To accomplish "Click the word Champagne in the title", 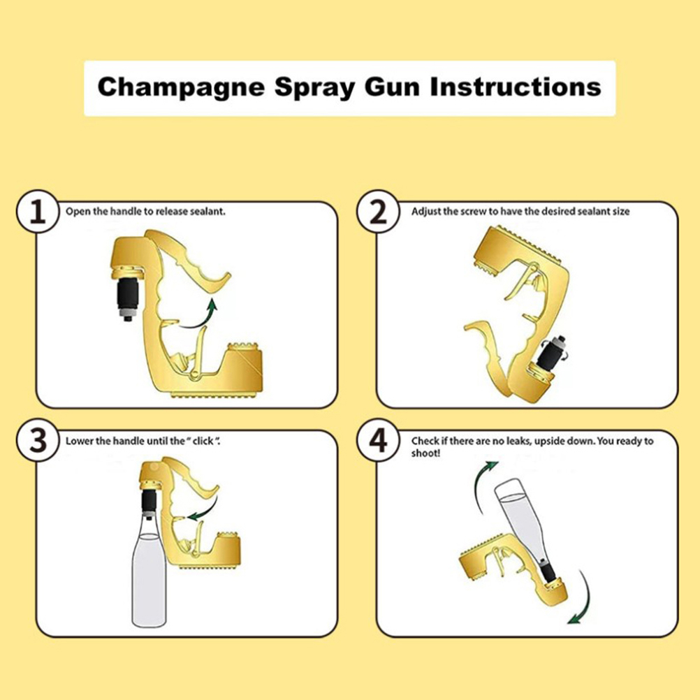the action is [x=181, y=88].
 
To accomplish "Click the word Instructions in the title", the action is [x=515, y=87].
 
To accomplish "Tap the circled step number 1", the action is [x=38, y=211].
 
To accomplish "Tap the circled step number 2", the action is [x=379, y=211].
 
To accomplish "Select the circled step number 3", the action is [x=38, y=440].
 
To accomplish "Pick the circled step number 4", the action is [x=379, y=440].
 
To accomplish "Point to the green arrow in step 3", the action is [x=206, y=508].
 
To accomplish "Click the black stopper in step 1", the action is [x=128, y=295].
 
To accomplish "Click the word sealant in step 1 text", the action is [x=207, y=212].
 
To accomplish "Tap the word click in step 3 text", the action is [x=203, y=441].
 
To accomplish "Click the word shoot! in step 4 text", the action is [x=425, y=453].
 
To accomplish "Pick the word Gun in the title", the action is [x=391, y=87].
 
